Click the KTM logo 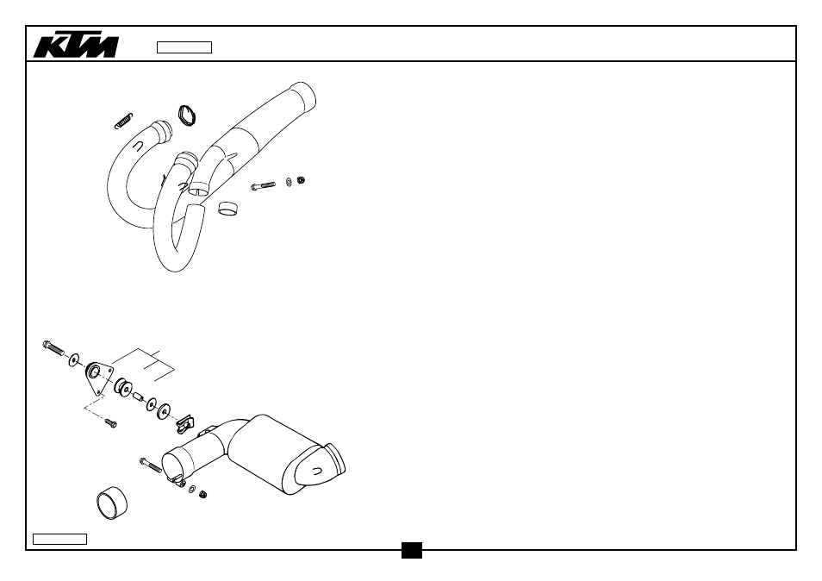tap(76, 47)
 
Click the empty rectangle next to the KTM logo tap(184, 47)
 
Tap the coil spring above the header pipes tap(124, 121)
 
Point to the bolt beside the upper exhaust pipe tap(263, 185)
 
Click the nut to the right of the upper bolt tap(301, 180)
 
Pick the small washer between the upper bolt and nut tap(289, 182)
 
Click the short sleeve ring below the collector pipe tap(227, 208)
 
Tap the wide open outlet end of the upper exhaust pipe tap(304, 96)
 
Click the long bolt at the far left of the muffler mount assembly tap(53, 347)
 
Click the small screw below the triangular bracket tap(110, 422)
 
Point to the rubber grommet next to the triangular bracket tap(123, 387)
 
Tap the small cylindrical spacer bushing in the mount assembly tap(139, 397)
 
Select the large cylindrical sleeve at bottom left tap(112, 503)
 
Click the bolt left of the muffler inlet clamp tap(151, 465)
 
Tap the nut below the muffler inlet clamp tap(202, 494)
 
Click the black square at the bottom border tap(412, 550)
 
